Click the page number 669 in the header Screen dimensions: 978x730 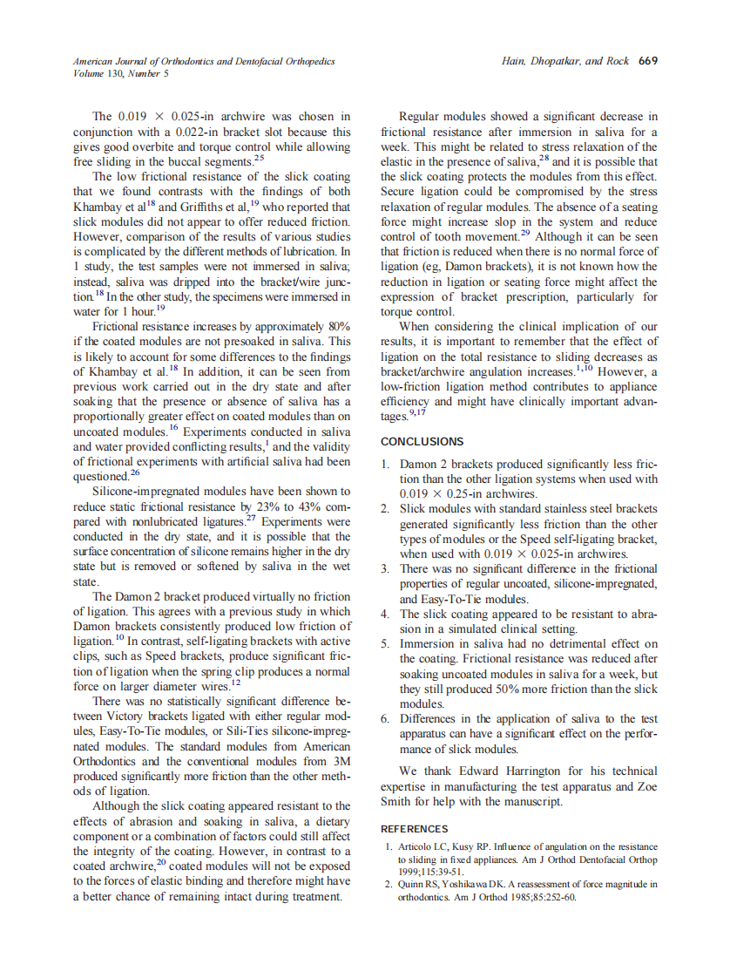[x=648, y=61]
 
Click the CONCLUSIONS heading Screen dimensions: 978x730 [x=422, y=442]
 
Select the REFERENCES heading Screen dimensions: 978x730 [x=414, y=829]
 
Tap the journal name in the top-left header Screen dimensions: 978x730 [x=204, y=61]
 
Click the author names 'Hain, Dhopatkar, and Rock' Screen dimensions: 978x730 [x=566, y=61]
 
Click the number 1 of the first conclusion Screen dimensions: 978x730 [x=386, y=465]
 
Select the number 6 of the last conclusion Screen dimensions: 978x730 [x=386, y=719]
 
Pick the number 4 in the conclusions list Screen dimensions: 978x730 [x=386, y=614]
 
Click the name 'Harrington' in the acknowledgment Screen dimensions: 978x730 [x=515, y=771]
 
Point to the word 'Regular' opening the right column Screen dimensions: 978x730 [x=421, y=116]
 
